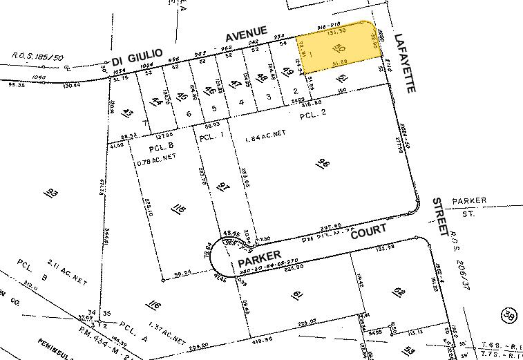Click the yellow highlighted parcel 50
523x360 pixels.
click(339, 51)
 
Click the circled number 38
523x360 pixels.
click(509, 315)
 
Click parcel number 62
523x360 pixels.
click(399, 291)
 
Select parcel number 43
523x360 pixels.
click(128, 112)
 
